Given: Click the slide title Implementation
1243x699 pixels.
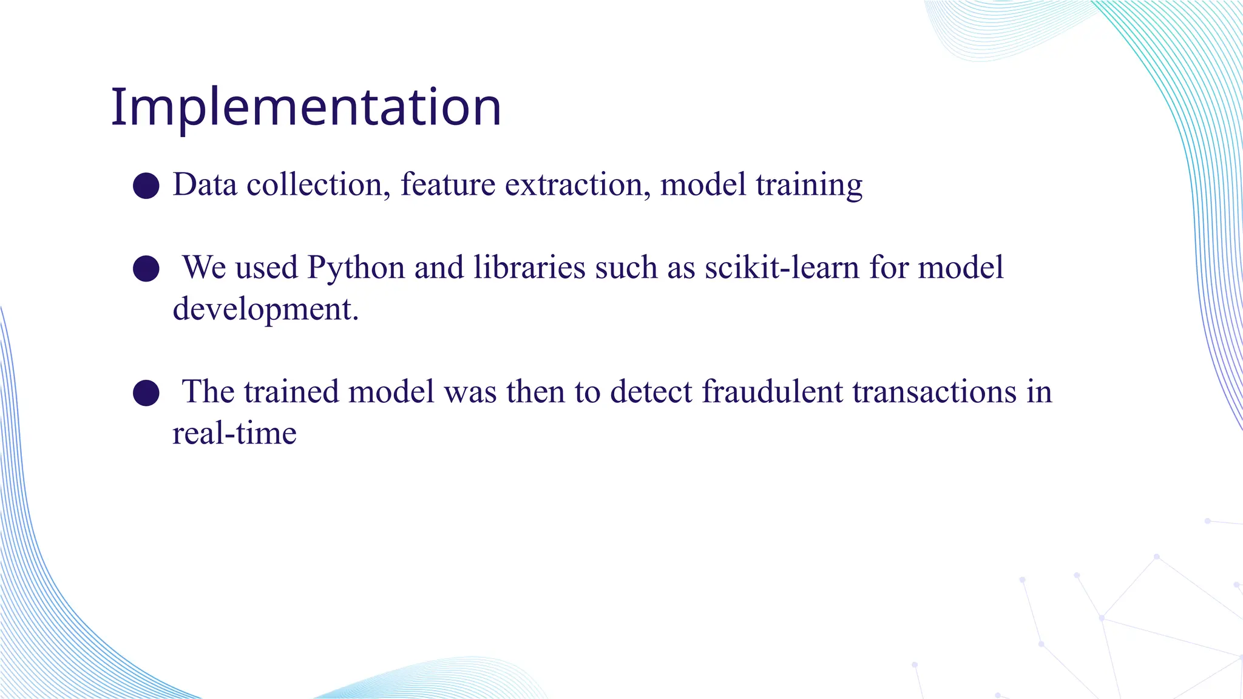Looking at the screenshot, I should pos(306,107).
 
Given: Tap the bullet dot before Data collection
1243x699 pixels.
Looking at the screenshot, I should pos(146,185).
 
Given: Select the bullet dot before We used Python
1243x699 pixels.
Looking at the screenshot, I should pos(146,268).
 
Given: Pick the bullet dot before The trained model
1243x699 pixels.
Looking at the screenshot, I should pos(146,393).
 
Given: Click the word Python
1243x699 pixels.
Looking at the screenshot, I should pos(356,268).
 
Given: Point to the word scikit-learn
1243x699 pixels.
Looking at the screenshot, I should pos(782,267).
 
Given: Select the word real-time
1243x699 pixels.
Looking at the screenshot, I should pos(234,433).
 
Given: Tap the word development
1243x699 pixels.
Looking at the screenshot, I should pos(265,309).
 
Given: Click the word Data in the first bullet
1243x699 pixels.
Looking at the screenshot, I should pos(205,184).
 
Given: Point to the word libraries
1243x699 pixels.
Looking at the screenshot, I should pos(529,267).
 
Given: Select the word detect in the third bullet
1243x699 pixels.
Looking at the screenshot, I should pos(651,391).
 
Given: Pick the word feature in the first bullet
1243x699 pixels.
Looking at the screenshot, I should pos(448,184).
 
